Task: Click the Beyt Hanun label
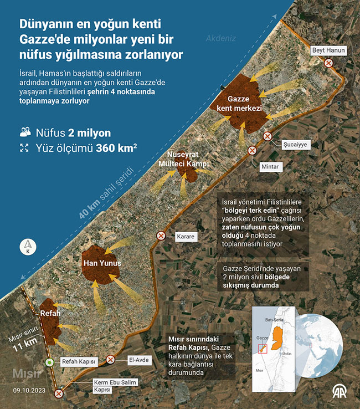tap(329, 50)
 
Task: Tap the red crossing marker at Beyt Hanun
tap(328, 63)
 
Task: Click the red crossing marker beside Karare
tap(161, 236)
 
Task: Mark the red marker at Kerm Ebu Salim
tap(59, 393)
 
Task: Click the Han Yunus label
tap(101, 263)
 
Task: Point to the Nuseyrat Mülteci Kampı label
tap(183, 159)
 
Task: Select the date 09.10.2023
tap(29, 390)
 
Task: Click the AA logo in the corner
tap(341, 392)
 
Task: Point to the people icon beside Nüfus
tap(25, 132)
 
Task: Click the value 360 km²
tap(116, 148)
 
